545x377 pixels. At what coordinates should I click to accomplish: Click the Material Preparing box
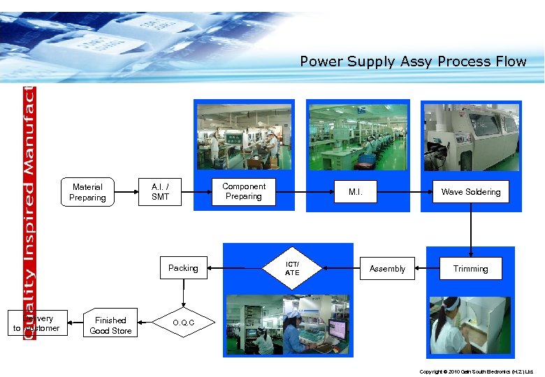87,192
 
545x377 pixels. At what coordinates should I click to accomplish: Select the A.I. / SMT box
160,192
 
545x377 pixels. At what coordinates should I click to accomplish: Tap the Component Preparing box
244,192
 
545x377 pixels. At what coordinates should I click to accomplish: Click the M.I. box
356,192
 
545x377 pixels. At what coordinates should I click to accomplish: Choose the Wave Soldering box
471,192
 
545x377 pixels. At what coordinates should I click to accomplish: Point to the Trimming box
471,269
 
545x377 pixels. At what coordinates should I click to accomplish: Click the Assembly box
387,269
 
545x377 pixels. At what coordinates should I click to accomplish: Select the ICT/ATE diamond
292,268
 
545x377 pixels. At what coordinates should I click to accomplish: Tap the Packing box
183,268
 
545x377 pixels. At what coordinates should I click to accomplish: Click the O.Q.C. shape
183,323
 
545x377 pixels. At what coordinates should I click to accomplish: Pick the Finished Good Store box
110,325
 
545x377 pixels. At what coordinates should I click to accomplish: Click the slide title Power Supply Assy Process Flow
413,61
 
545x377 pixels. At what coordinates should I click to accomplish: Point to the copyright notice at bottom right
476,371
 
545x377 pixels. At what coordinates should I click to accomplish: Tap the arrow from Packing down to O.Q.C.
183,293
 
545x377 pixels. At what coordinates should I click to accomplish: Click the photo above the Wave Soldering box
472,138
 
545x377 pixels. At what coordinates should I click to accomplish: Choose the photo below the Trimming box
471,325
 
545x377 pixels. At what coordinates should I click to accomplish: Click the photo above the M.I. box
358,137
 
